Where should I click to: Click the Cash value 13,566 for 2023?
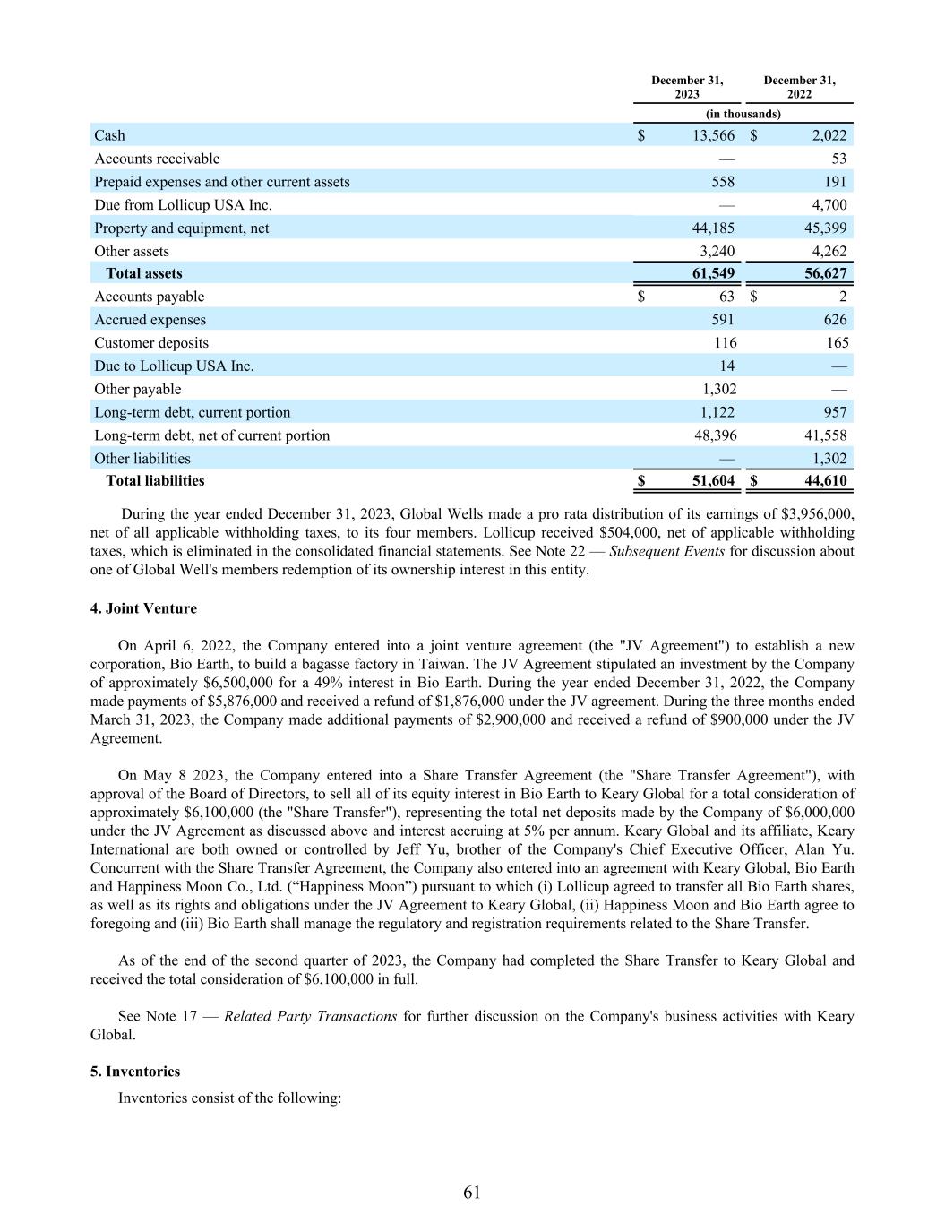coord(713,135)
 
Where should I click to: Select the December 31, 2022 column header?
coord(799,87)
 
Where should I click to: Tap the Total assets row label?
coord(143,273)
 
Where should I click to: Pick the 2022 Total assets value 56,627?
coord(825,273)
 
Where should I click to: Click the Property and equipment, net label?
coord(182,228)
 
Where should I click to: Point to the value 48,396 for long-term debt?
coord(713,435)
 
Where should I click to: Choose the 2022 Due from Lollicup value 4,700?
coord(829,204)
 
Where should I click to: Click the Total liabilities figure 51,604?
coord(713,480)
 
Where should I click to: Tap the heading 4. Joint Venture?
coord(143,608)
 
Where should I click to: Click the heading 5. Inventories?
coord(135,1072)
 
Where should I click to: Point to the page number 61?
coord(472,1192)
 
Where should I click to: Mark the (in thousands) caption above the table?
coord(743,114)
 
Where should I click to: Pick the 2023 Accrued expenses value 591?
coord(722,320)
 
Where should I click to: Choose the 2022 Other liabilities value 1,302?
coord(829,459)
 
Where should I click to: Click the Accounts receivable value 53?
coord(838,159)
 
